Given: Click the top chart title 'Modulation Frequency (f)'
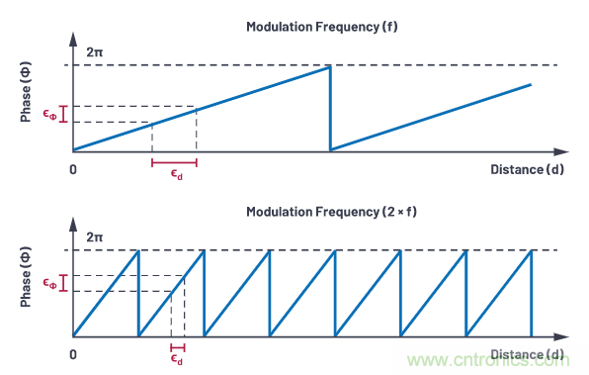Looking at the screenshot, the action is pos(322,27).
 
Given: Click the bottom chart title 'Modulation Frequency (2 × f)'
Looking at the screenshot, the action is pos(331,212).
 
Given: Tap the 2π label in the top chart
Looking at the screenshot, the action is pos(94,51).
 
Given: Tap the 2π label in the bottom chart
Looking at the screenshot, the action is pos(94,236).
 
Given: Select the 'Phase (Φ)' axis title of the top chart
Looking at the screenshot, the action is pos(26,92).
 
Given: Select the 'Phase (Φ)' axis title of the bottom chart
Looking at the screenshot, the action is pos(26,277).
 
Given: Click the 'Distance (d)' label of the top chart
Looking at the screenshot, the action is pos(527,169).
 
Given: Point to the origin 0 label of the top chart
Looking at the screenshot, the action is pos(73,169).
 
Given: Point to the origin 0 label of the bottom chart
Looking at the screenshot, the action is pos(73,354).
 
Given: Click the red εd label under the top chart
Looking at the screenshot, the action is pos(177,174).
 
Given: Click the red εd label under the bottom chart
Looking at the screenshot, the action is pos(177,359).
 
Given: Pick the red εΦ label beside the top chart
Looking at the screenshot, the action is pos(50,114).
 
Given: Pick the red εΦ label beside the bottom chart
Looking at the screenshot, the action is pos(50,283).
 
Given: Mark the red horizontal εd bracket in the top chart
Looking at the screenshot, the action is pos(174,163).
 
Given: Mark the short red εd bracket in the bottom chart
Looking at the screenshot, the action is pos(178,347).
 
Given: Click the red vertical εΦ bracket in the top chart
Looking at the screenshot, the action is pos(63,114).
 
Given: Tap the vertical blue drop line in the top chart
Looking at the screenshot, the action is pos(330,108).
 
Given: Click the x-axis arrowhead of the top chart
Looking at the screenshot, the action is pos(561,151).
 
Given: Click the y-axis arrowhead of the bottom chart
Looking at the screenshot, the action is pos(73,225).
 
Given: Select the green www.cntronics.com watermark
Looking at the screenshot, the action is pos(488,360).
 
